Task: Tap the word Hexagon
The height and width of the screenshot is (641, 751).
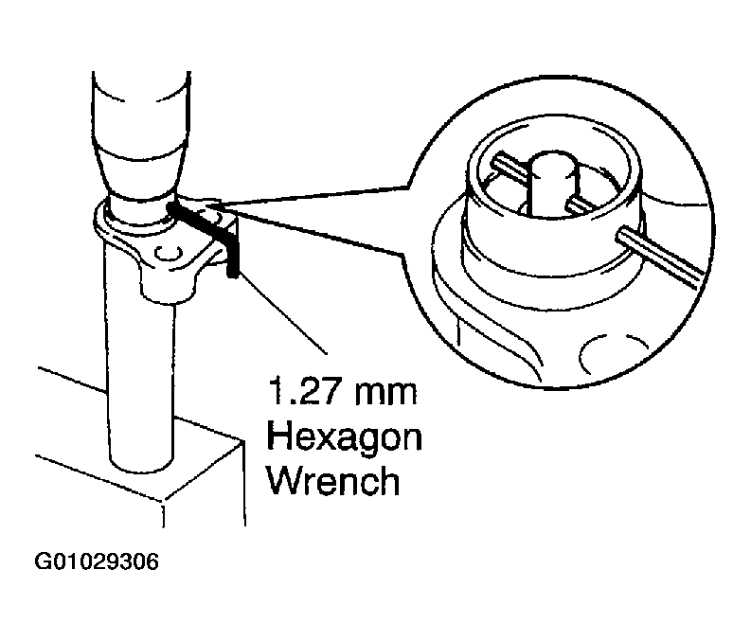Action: coord(346,439)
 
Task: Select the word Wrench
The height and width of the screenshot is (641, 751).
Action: coord(333,483)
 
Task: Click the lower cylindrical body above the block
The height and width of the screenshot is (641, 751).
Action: coord(143,379)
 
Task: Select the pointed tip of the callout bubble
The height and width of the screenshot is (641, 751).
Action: coord(213,203)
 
